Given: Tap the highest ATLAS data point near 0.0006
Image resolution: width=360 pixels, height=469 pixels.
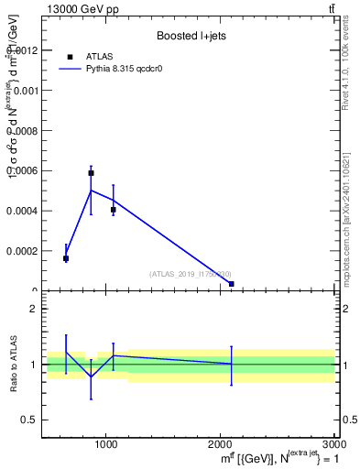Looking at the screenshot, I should pyautogui.click(x=91, y=172).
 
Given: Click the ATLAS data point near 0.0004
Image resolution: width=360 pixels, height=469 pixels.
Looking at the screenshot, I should pyautogui.click(x=113, y=210).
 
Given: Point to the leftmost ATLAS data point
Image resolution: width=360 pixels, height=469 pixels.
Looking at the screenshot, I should pyautogui.click(x=66, y=258).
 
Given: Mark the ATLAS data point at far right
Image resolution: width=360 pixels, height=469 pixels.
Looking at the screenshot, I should pyautogui.click(x=231, y=284).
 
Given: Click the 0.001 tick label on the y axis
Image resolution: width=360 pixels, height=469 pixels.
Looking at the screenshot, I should pyautogui.click(x=25, y=91).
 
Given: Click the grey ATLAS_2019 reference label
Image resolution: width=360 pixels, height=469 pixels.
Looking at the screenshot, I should pyautogui.click(x=191, y=274).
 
